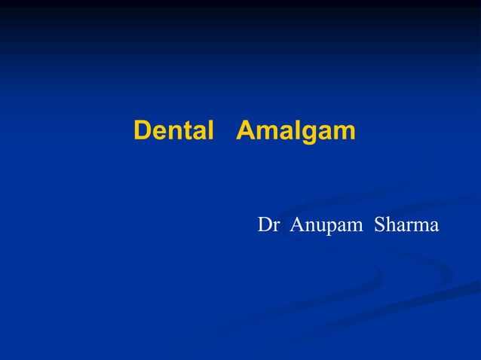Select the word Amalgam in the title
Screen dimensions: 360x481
(296, 131)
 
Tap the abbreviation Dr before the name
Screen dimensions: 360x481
(269, 224)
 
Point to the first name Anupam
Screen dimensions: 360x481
(325, 225)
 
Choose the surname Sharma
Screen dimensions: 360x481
(406, 224)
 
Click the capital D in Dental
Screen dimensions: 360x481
(142, 131)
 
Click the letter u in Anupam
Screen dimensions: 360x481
(317, 226)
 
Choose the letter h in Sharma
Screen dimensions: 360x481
(390, 224)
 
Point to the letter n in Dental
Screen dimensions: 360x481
(173, 133)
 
